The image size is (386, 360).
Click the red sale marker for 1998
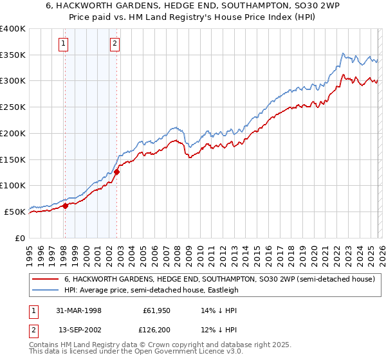click(x=65, y=206)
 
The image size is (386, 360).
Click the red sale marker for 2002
click(x=116, y=172)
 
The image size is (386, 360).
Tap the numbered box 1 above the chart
click(x=64, y=44)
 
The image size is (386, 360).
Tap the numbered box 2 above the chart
click(x=115, y=44)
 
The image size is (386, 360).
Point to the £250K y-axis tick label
click(x=13, y=107)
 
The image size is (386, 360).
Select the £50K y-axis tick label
click(x=15, y=212)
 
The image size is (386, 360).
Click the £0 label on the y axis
click(x=19, y=238)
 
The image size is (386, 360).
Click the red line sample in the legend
click(x=45, y=280)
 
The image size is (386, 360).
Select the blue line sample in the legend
click(x=45, y=290)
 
